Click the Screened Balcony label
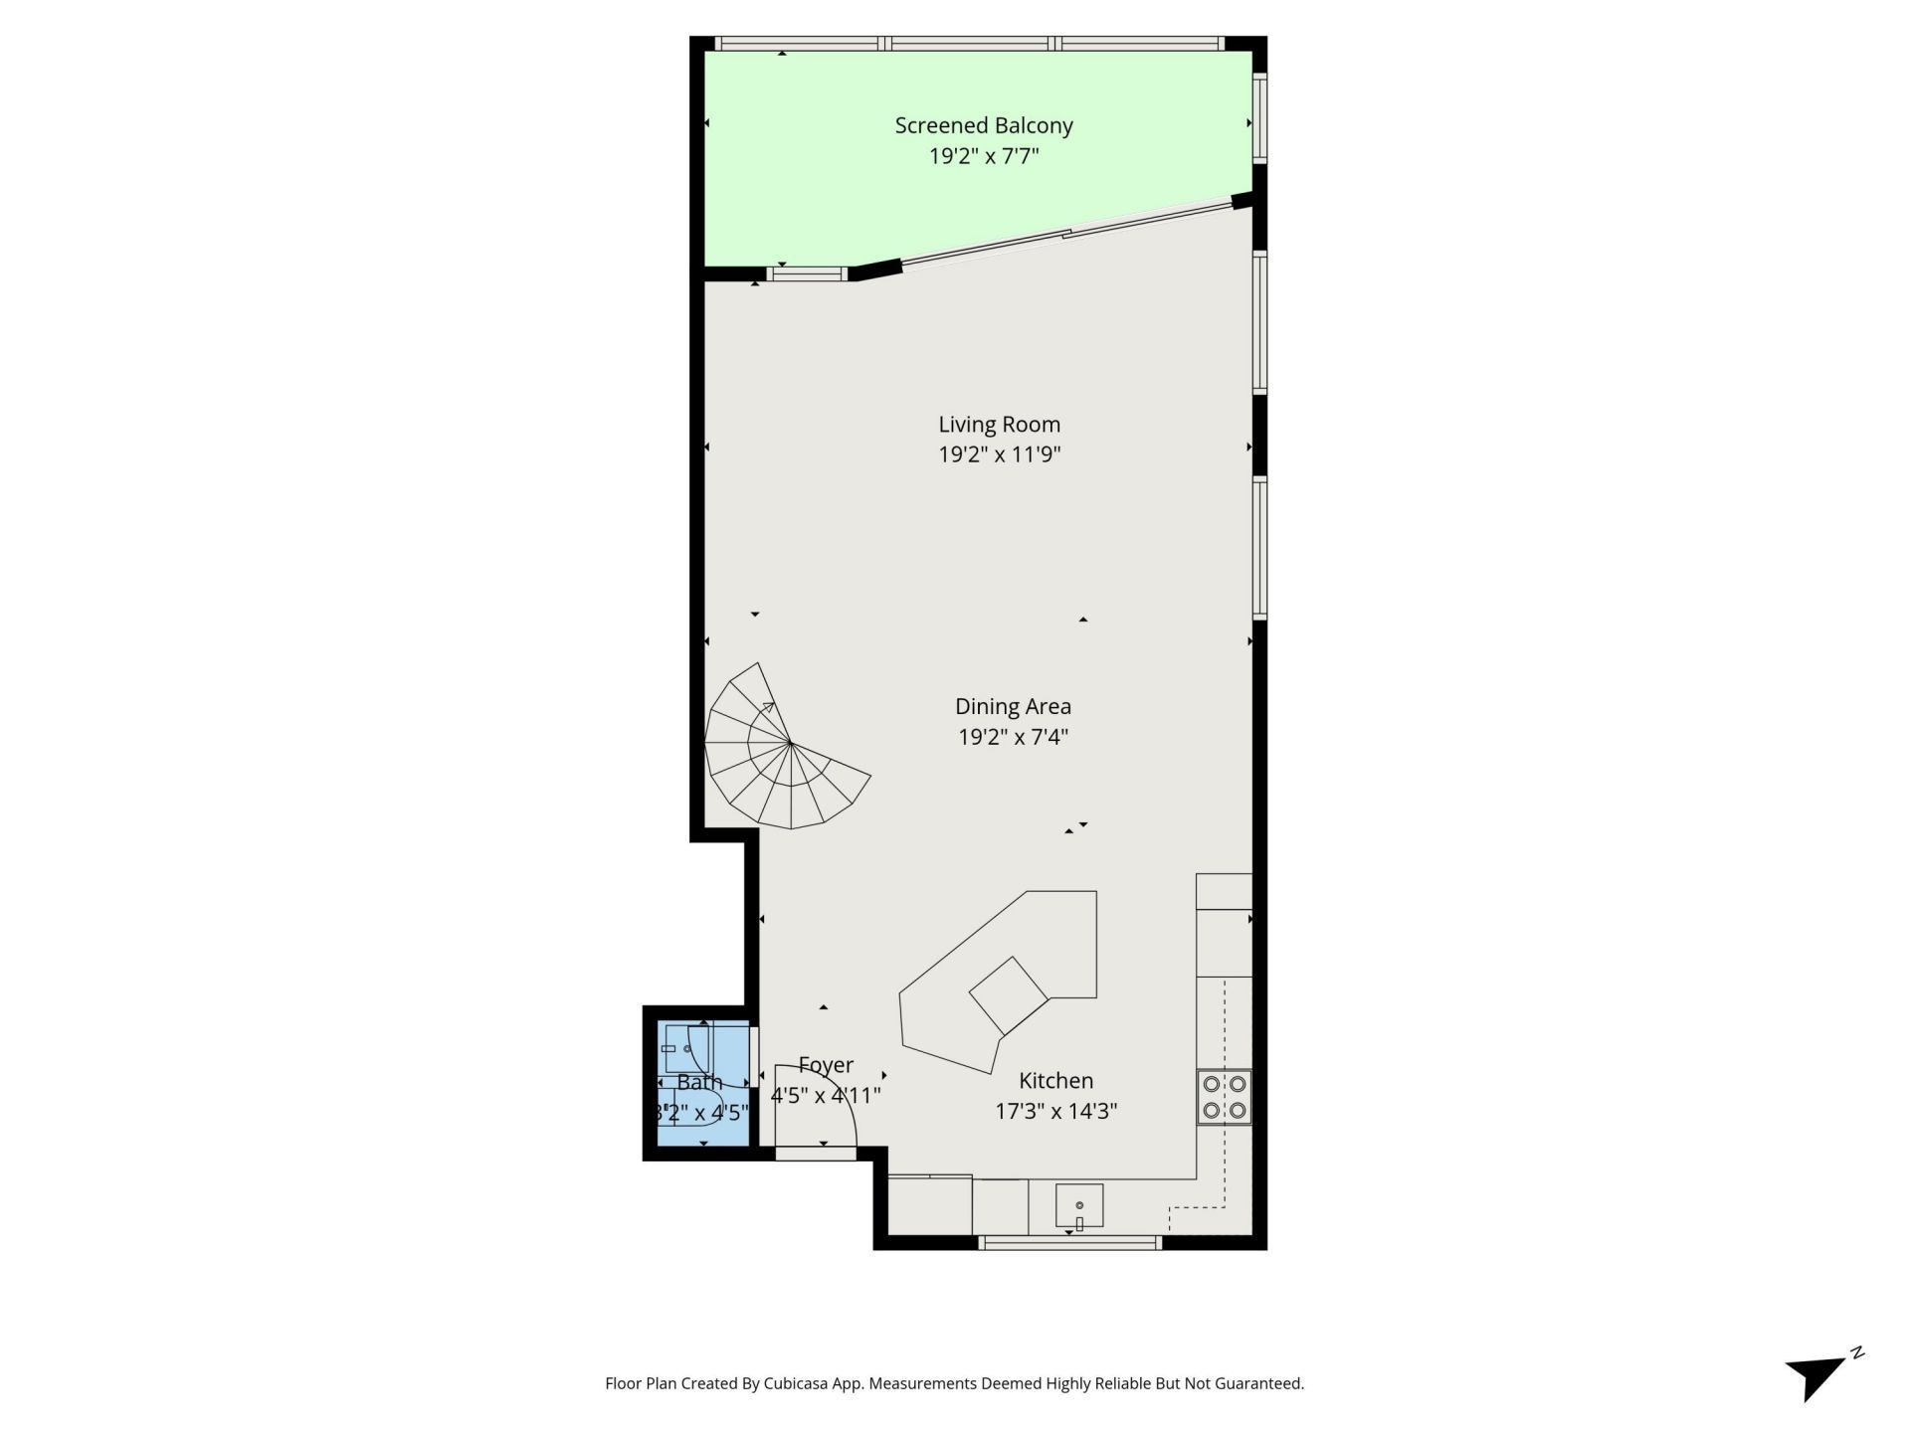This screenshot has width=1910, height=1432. (983, 125)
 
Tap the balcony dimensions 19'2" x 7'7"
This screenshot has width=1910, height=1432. (983, 156)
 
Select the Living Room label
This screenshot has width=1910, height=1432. (999, 425)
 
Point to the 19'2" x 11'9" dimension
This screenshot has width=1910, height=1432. (999, 455)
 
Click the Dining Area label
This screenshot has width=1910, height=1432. (1013, 706)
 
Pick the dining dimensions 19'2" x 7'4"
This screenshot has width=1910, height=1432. (1013, 737)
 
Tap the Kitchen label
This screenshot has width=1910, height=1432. (1055, 1081)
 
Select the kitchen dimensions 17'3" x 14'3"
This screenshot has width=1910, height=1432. (1055, 1111)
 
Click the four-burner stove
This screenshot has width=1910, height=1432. (1224, 1097)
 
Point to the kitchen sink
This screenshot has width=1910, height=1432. (1079, 1205)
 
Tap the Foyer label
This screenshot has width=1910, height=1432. (826, 1065)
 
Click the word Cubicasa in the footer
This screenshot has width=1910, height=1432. (798, 1383)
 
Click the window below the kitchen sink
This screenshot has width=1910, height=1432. (1069, 1242)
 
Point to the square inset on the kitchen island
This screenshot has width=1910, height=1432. (1009, 994)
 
